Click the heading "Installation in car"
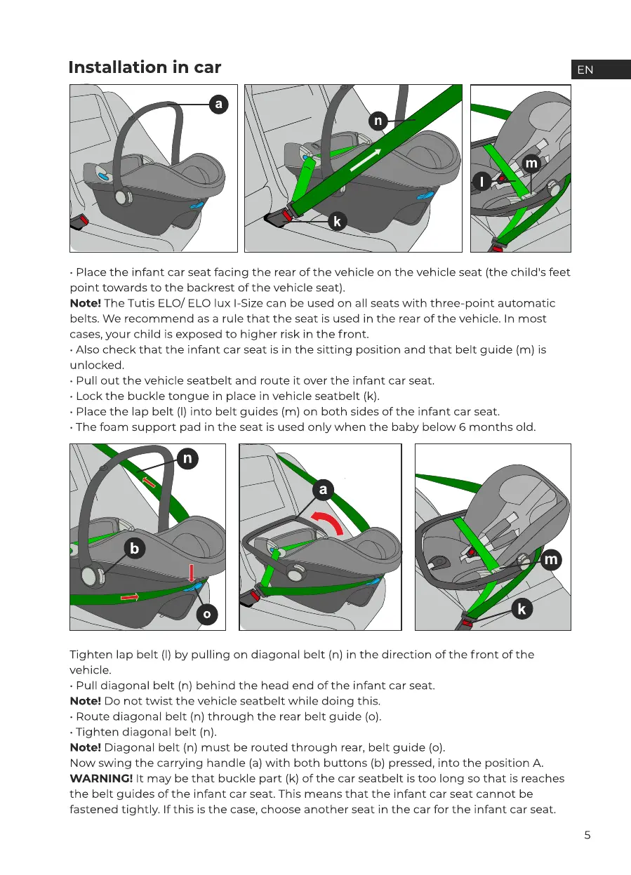click(x=145, y=67)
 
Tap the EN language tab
click(x=585, y=69)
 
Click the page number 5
click(x=587, y=835)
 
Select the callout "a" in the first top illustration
click(x=219, y=105)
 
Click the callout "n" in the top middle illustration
click(x=378, y=121)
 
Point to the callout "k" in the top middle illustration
click(x=337, y=222)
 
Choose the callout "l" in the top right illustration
click(x=482, y=182)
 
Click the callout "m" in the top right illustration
click(x=531, y=163)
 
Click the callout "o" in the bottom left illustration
click(x=206, y=615)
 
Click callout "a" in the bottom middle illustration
click(x=323, y=490)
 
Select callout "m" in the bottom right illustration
click(x=552, y=559)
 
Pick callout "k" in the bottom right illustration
click(x=522, y=609)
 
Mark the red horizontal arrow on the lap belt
click(x=130, y=597)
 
